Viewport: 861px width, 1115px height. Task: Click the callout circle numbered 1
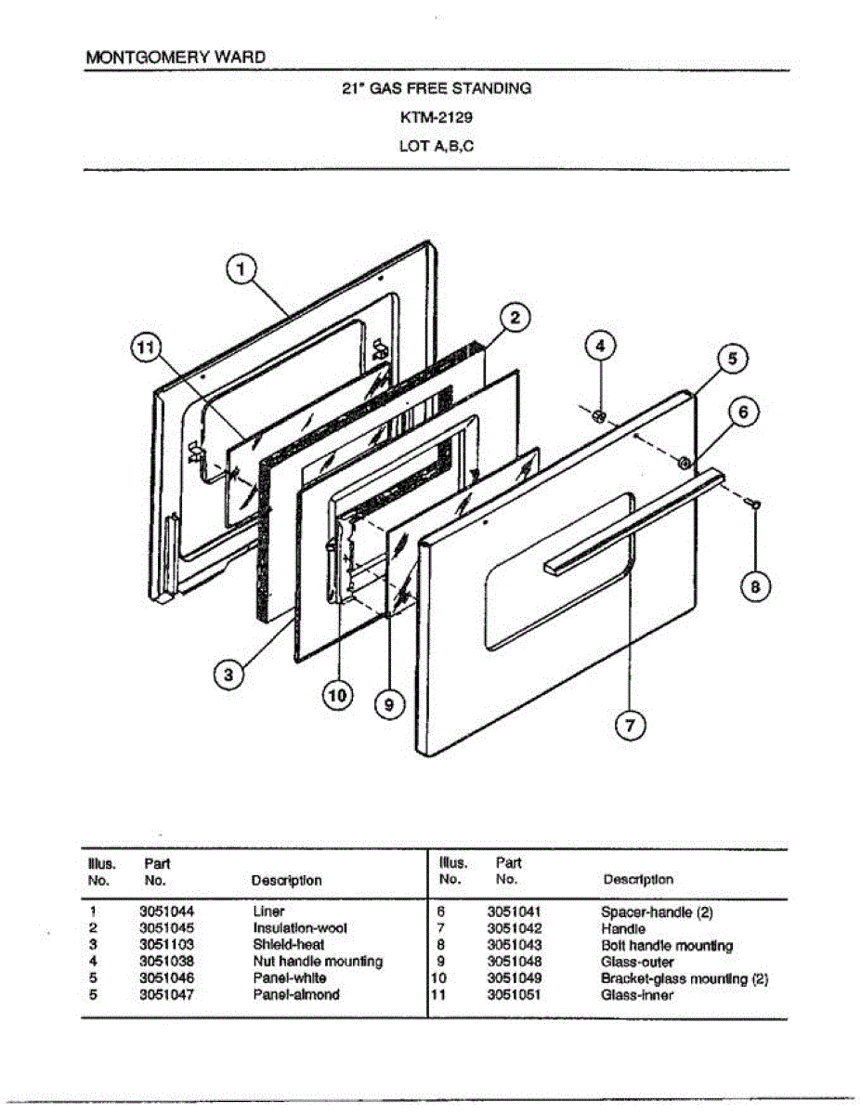click(x=241, y=269)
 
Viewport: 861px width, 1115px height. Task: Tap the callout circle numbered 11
click(x=143, y=348)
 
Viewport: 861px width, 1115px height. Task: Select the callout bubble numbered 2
click(x=515, y=317)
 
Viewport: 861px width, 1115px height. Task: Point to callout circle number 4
click(x=599, y=347)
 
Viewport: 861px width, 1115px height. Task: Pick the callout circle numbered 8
click(x=756, y=586)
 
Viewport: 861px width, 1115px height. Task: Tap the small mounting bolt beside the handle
click(x=754, y=503)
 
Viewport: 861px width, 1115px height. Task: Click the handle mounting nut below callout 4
click(x=600, y=415)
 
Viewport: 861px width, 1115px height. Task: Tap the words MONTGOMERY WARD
click(x=176, y=57)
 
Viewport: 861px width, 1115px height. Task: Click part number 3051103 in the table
click(x=166, y=945)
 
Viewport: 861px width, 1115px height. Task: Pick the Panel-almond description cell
click(x=296, y=995)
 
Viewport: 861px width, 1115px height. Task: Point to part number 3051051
click(x=514, y=995)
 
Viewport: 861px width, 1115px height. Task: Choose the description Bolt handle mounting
click(x=667, y=946)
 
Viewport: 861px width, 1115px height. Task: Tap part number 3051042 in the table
click(x=514, y=928)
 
